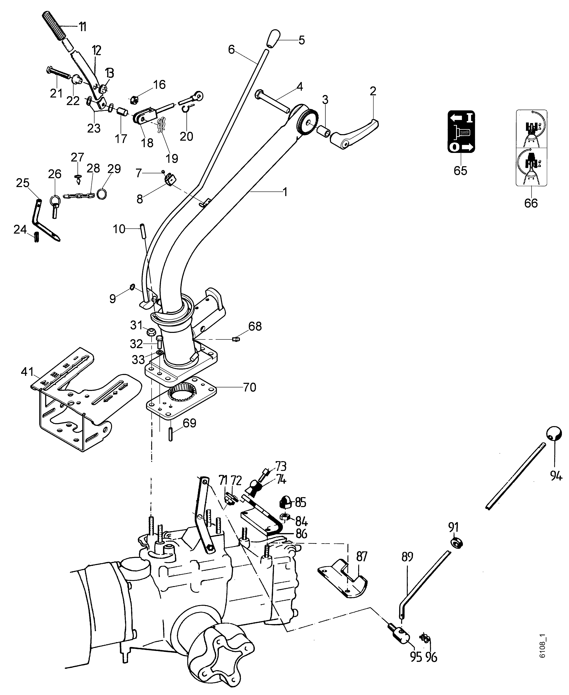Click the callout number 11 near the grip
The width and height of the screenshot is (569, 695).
(82, 26)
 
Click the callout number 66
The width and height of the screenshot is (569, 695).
(531, 203)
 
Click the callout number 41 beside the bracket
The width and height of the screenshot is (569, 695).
(27, 372)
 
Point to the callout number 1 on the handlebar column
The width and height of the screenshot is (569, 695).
(285, 192)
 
